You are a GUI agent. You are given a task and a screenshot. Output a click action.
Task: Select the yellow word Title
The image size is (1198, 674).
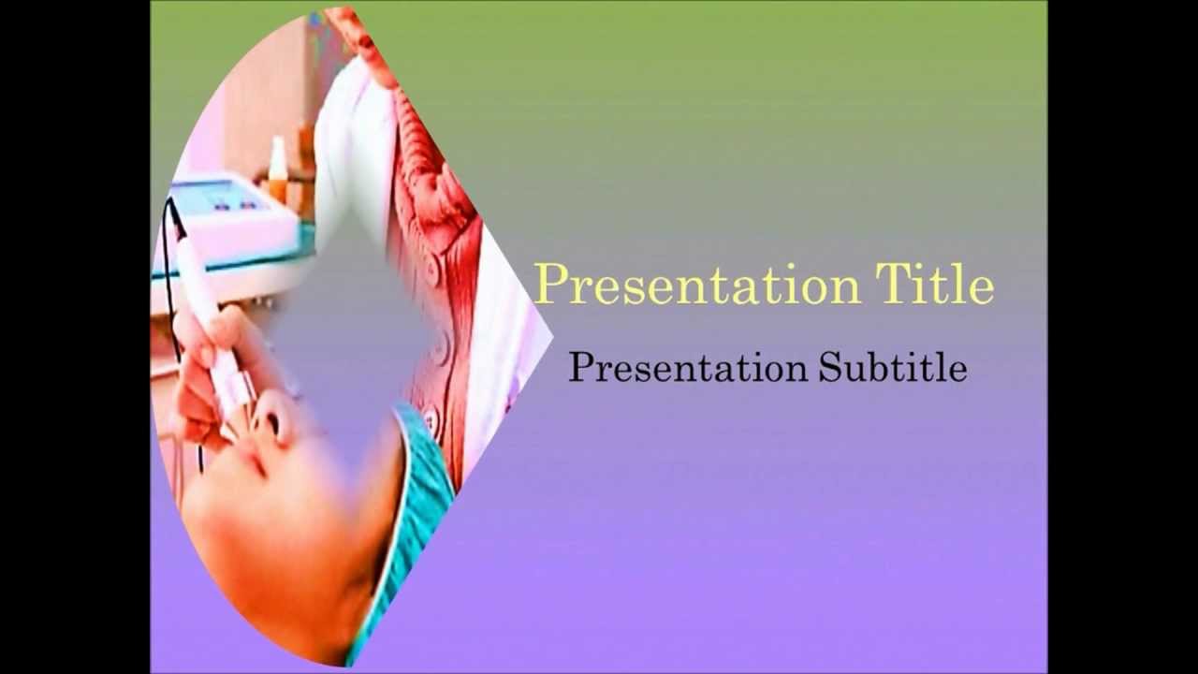934,284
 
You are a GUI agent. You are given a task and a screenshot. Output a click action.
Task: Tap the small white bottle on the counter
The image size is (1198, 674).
277,168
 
